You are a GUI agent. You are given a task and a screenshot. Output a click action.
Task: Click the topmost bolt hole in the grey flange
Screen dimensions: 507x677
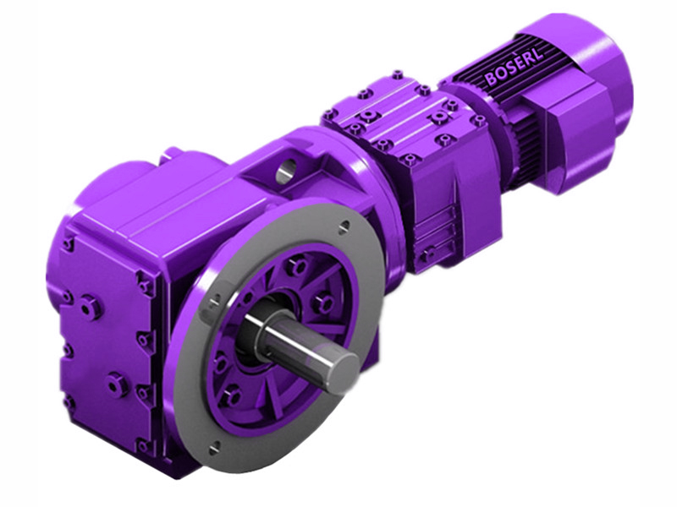point(344,226)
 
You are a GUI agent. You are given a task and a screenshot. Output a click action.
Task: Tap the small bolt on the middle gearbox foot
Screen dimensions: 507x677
point(429,252)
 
